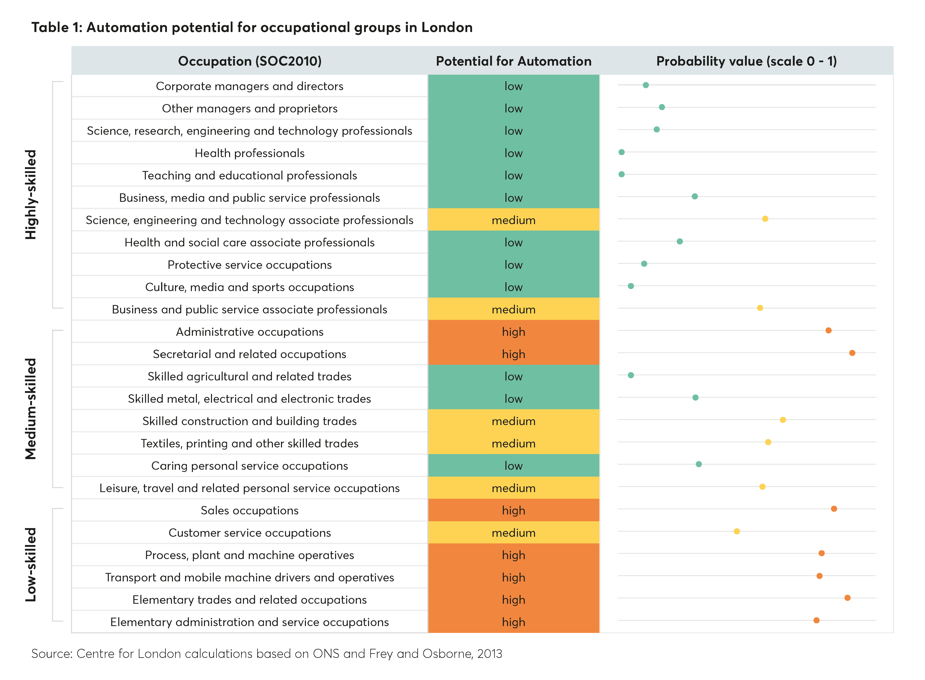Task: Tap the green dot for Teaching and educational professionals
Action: (x=621, y=174)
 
